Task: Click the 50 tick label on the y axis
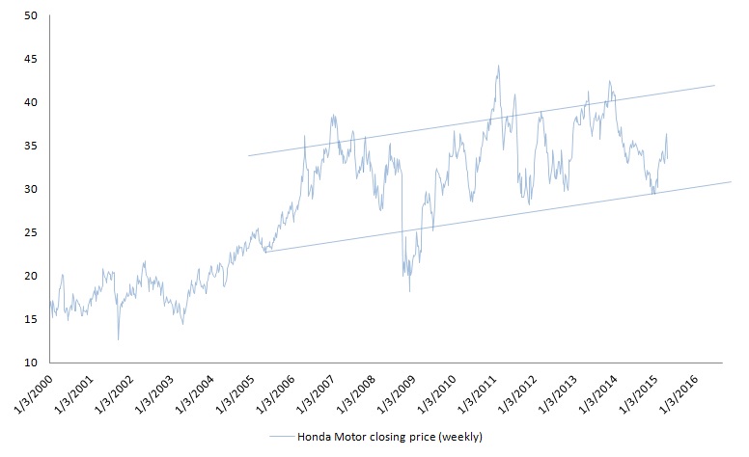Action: [31, 16]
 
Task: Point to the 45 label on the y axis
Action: [31, 60]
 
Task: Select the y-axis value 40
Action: [31, 103]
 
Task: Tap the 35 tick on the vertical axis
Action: [31, 147]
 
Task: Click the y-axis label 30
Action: [31, 190]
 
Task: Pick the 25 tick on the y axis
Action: [31, 233]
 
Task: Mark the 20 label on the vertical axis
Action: [31, 277]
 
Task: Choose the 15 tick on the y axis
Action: [31, 320]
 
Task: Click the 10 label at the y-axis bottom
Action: [31, 363]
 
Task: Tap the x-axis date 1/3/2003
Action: [154, 392]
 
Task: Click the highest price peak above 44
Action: [498, 66]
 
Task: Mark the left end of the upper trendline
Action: [248, 155]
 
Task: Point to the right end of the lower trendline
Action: [733, 181]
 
